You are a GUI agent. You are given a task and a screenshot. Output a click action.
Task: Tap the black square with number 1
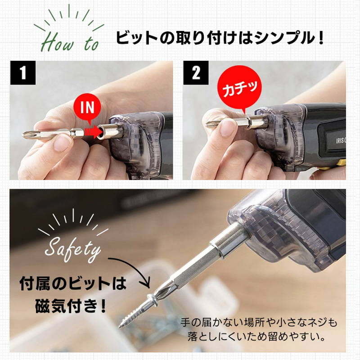(23, 73)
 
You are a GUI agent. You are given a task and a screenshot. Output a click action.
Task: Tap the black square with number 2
(196, 73)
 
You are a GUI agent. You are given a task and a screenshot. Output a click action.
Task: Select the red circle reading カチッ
(239, 88)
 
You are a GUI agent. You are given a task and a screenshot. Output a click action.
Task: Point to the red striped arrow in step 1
(93, 132)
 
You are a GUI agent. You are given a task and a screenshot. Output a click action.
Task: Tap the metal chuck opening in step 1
(100, 133)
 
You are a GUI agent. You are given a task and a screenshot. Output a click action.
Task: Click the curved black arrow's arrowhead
(146, 283)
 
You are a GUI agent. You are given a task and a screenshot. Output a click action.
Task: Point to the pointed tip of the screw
(120, 326)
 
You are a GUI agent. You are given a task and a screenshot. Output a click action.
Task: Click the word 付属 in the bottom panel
(35, 284)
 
